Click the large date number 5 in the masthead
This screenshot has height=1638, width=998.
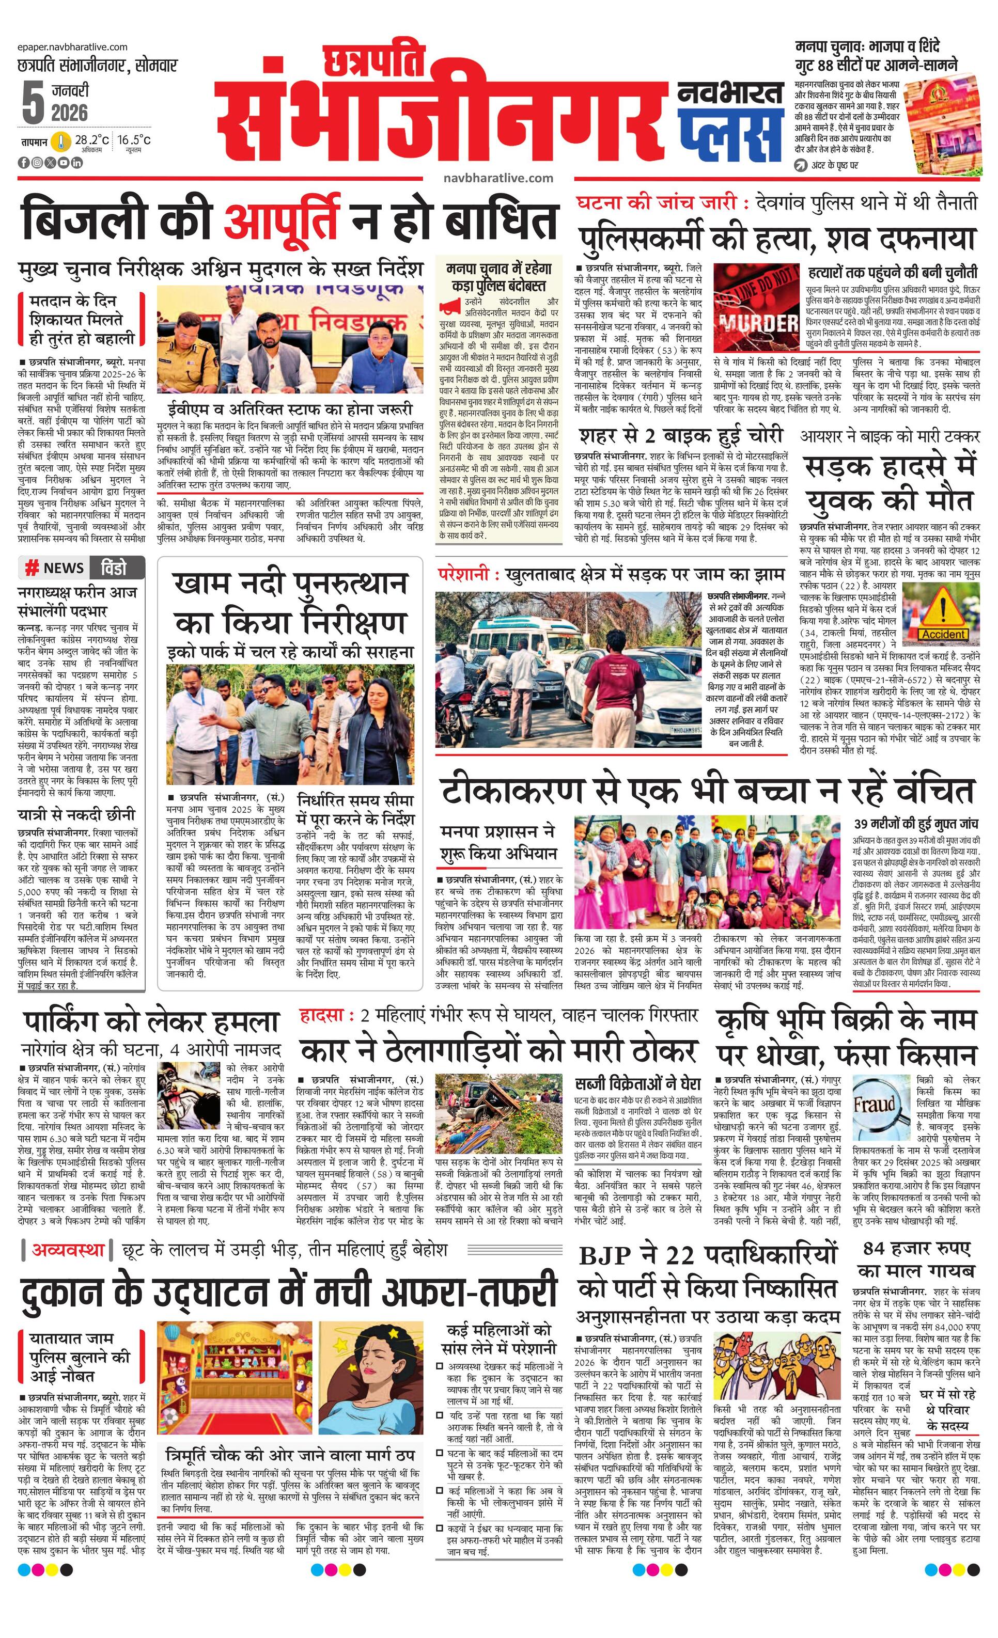click(x=32, y=103)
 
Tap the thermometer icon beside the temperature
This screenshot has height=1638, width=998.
click(x=61, y=141)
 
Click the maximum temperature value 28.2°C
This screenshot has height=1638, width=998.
click(x=92, y=140)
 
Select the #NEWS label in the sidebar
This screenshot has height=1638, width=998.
click(x=55, y=569)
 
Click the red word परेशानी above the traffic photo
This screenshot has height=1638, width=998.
click(x=463, y=574)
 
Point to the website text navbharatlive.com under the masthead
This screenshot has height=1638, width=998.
click(x=498, y=178)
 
